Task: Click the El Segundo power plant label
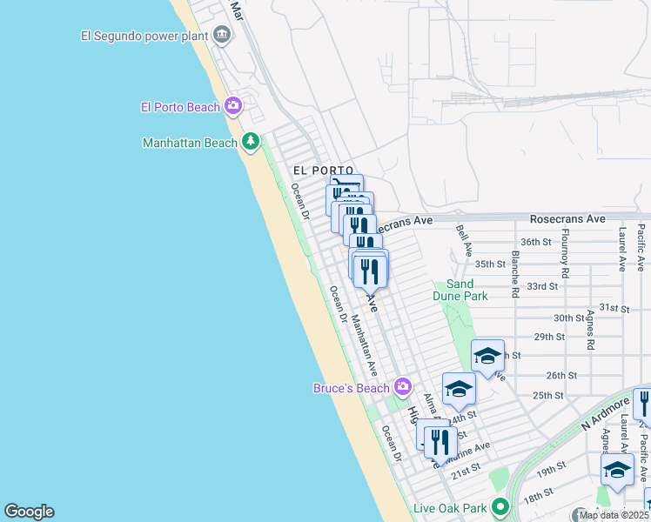point(144,36)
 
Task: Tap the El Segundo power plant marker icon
point(222,35)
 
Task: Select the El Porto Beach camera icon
point(232,106)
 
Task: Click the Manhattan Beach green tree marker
point(251,141)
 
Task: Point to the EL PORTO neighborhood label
point(323,171)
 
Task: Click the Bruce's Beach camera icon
point(402,386)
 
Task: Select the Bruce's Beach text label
point(351,388)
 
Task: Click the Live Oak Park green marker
point(500,506)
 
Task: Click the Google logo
point(29,512)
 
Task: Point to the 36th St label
point(535,242)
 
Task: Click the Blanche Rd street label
point(515,275)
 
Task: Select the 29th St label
point(549,337)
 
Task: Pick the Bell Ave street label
point(463,241)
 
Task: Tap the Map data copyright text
point(614,515)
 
